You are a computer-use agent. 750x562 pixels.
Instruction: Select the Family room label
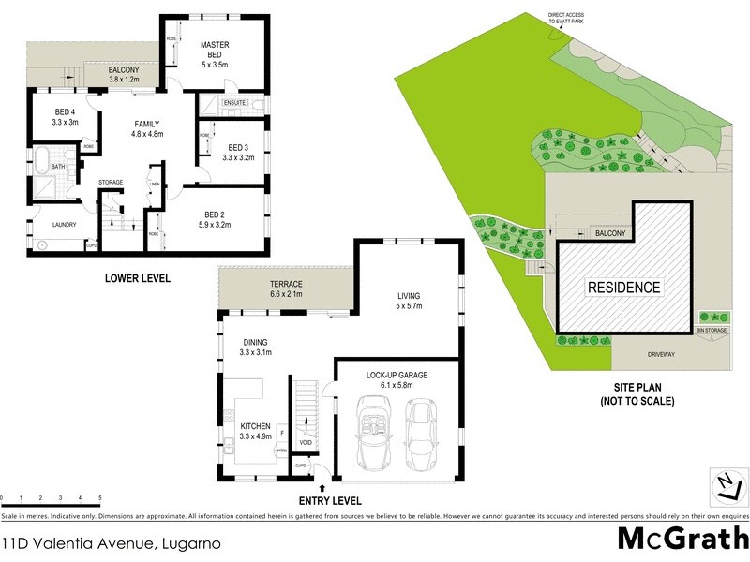click(x=146, y=124)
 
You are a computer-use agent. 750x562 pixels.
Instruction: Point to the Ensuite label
click(x=235, y=102)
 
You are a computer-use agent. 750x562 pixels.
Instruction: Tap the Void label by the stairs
click(x=306, y=442)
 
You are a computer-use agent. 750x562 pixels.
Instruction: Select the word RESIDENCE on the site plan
click(x=623, y=288)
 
